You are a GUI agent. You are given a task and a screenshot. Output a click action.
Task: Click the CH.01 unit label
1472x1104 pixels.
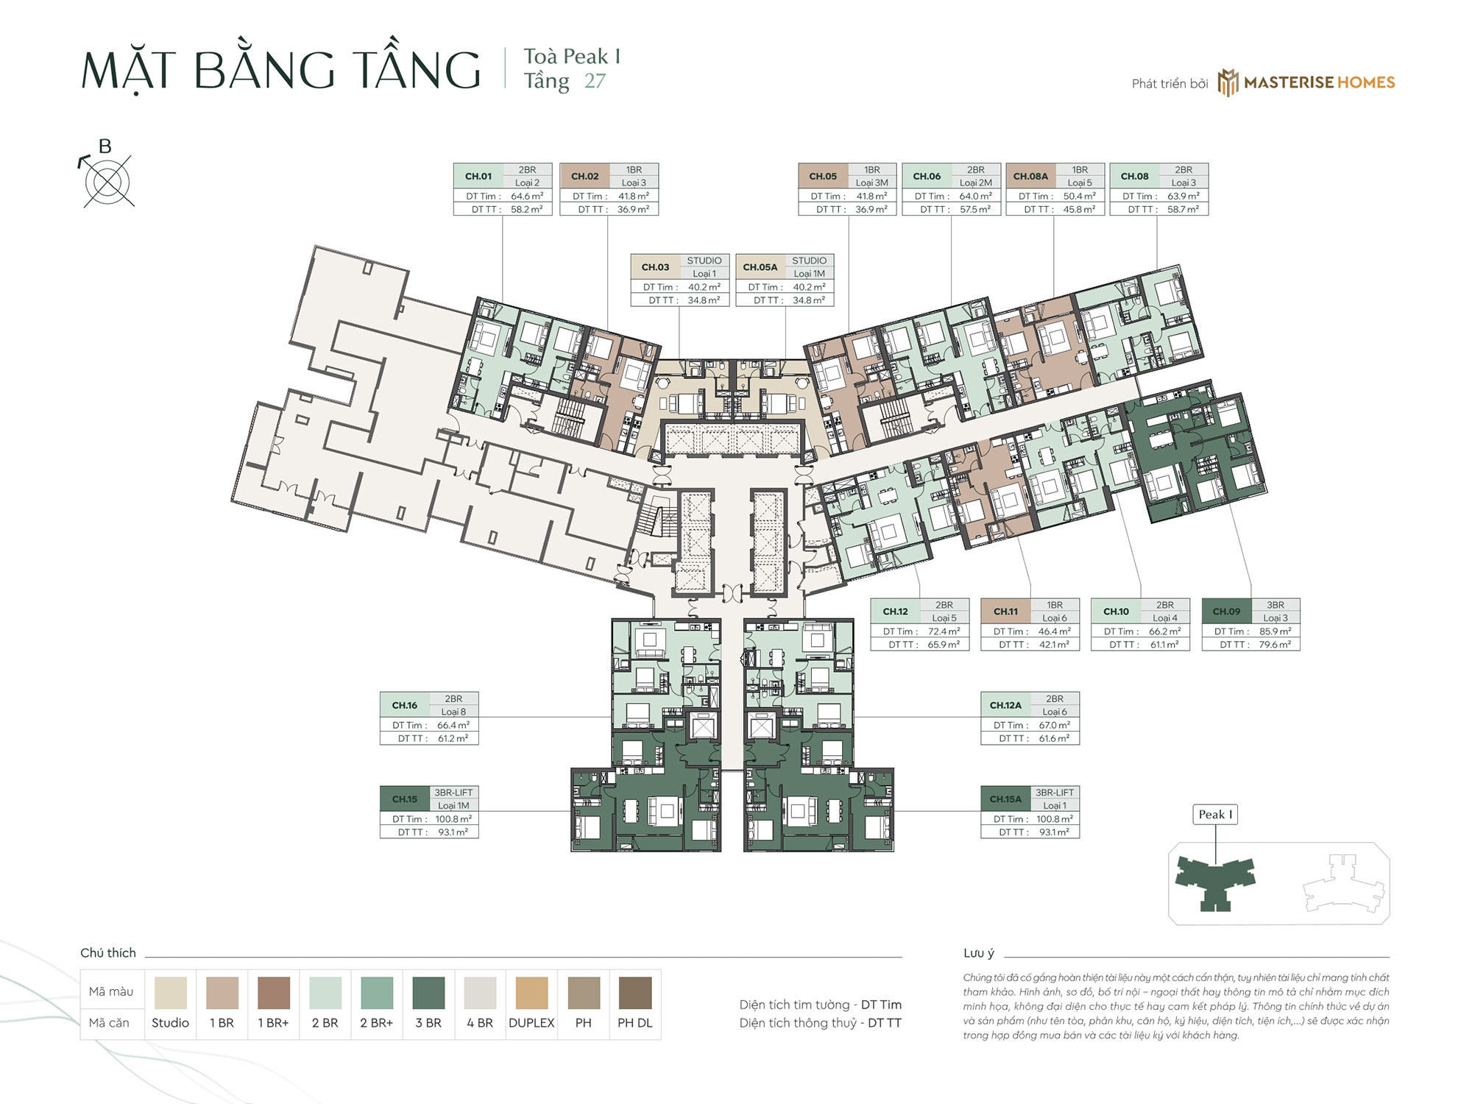[478, 176]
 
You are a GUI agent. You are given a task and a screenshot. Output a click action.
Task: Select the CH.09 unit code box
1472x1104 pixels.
[1226, 611]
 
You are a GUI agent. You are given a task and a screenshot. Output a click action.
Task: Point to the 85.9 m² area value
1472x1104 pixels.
[1275, 631]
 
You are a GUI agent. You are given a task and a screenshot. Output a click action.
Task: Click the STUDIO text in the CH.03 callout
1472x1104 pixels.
[704, 261]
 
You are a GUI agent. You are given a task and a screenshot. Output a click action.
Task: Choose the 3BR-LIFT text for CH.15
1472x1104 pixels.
[453, 793]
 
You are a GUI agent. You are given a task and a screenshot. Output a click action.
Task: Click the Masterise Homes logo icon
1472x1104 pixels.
[1227, 82]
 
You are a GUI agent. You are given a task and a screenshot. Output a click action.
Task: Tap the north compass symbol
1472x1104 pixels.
[107, 181]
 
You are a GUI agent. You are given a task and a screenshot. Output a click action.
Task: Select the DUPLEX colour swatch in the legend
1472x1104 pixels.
[531, 992]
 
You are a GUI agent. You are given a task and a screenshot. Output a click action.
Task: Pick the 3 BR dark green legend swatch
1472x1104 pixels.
[428, 992]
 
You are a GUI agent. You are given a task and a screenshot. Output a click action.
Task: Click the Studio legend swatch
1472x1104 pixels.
[170, 992]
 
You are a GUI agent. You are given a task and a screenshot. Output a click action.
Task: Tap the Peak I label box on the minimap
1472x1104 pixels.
[1214, 814]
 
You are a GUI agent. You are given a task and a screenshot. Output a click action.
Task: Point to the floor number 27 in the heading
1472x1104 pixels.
[595, 81]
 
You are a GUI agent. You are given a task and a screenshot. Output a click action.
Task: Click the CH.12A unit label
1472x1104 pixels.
[1005, 705]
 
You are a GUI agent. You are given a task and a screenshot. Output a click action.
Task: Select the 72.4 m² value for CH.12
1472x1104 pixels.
[944, 631]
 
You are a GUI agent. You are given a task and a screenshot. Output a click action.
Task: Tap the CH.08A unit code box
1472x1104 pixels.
[1030, 176]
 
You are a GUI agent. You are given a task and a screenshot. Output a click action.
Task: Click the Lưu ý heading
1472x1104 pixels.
[978, 952]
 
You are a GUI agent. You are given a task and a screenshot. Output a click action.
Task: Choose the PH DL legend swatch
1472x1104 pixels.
[634, 992]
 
